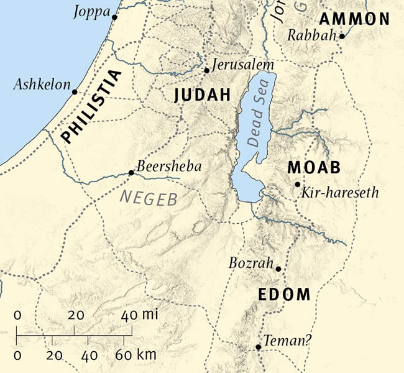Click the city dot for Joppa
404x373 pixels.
pos(115,17)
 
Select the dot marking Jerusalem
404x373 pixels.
pos(207,70)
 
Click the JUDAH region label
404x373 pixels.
pos(203,95)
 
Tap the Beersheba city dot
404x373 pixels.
pos(131,173)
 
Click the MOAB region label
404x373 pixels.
pos(314,168)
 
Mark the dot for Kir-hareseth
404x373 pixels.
pos(298,184)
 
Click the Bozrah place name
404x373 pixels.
pos(251,263)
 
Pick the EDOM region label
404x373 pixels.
pos(284,294)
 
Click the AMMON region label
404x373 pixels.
pos(354,19)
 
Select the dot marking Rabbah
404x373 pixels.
pos(342,37)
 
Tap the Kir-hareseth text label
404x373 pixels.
pos(339,193)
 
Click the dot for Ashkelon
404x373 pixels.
pos(75,92)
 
